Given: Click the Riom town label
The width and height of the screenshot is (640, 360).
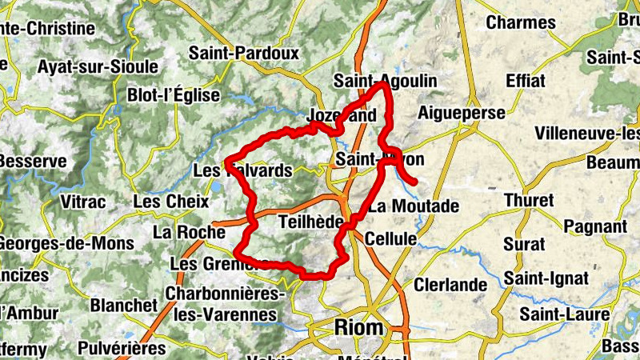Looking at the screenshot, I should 358,328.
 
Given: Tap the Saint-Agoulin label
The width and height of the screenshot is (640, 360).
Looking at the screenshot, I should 386,81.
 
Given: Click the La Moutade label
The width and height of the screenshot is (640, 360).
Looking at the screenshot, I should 414,206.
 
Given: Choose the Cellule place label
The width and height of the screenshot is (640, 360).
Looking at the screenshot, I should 390,238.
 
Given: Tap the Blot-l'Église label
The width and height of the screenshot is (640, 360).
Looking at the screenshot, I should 173,95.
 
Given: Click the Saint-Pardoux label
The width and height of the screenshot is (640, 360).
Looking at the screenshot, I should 244,54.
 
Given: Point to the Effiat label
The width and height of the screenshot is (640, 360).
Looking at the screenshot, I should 526,81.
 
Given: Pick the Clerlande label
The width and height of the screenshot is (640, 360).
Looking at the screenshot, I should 450,285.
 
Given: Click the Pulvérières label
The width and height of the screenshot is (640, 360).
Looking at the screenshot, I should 122,348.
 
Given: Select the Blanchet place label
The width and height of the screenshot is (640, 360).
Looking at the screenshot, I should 123,306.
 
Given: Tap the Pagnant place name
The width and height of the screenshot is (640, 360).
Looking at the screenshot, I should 594,226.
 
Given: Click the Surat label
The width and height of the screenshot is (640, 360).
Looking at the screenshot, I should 526,243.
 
